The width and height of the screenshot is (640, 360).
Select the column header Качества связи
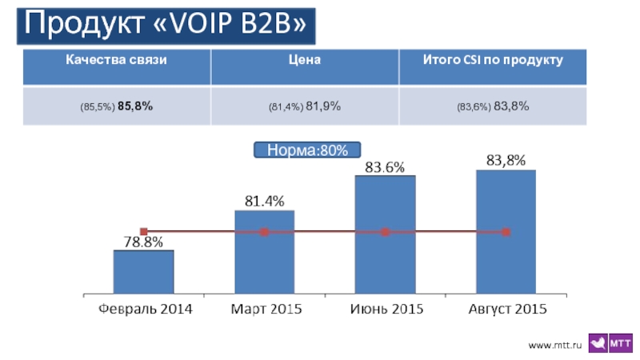pyautogui.click(x=117, y=61)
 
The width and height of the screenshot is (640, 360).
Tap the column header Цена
pyautogui.click(x=304, y=61)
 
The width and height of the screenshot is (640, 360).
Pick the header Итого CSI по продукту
pyautogui.click(x=493, y=61)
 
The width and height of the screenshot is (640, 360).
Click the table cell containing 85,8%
pyautogui.click(x=117, y=106)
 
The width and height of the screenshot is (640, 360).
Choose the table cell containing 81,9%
pyautogui.click(x=304, y=106)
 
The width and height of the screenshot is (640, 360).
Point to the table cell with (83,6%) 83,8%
pyautogui.click(x=493, y=106)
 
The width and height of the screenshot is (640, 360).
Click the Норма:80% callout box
pyautogui.click(x=307, y=150)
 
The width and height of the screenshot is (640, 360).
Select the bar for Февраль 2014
pyautogui.click(x=144, y=272)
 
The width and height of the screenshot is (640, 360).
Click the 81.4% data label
pyautogui.click(x=264, y=202)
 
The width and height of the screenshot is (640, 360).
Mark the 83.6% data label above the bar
pyautogui.click(x=385, y=167)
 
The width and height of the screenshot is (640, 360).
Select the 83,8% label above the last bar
pyautogui.click(x=506, y=161)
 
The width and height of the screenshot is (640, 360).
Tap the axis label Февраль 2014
pyautogui.click(x=144, y=309)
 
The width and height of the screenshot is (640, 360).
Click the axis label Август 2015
pyautogui.click(x=506, y=309)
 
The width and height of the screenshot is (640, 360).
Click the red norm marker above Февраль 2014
pyautogui.click(x=144, y=232)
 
